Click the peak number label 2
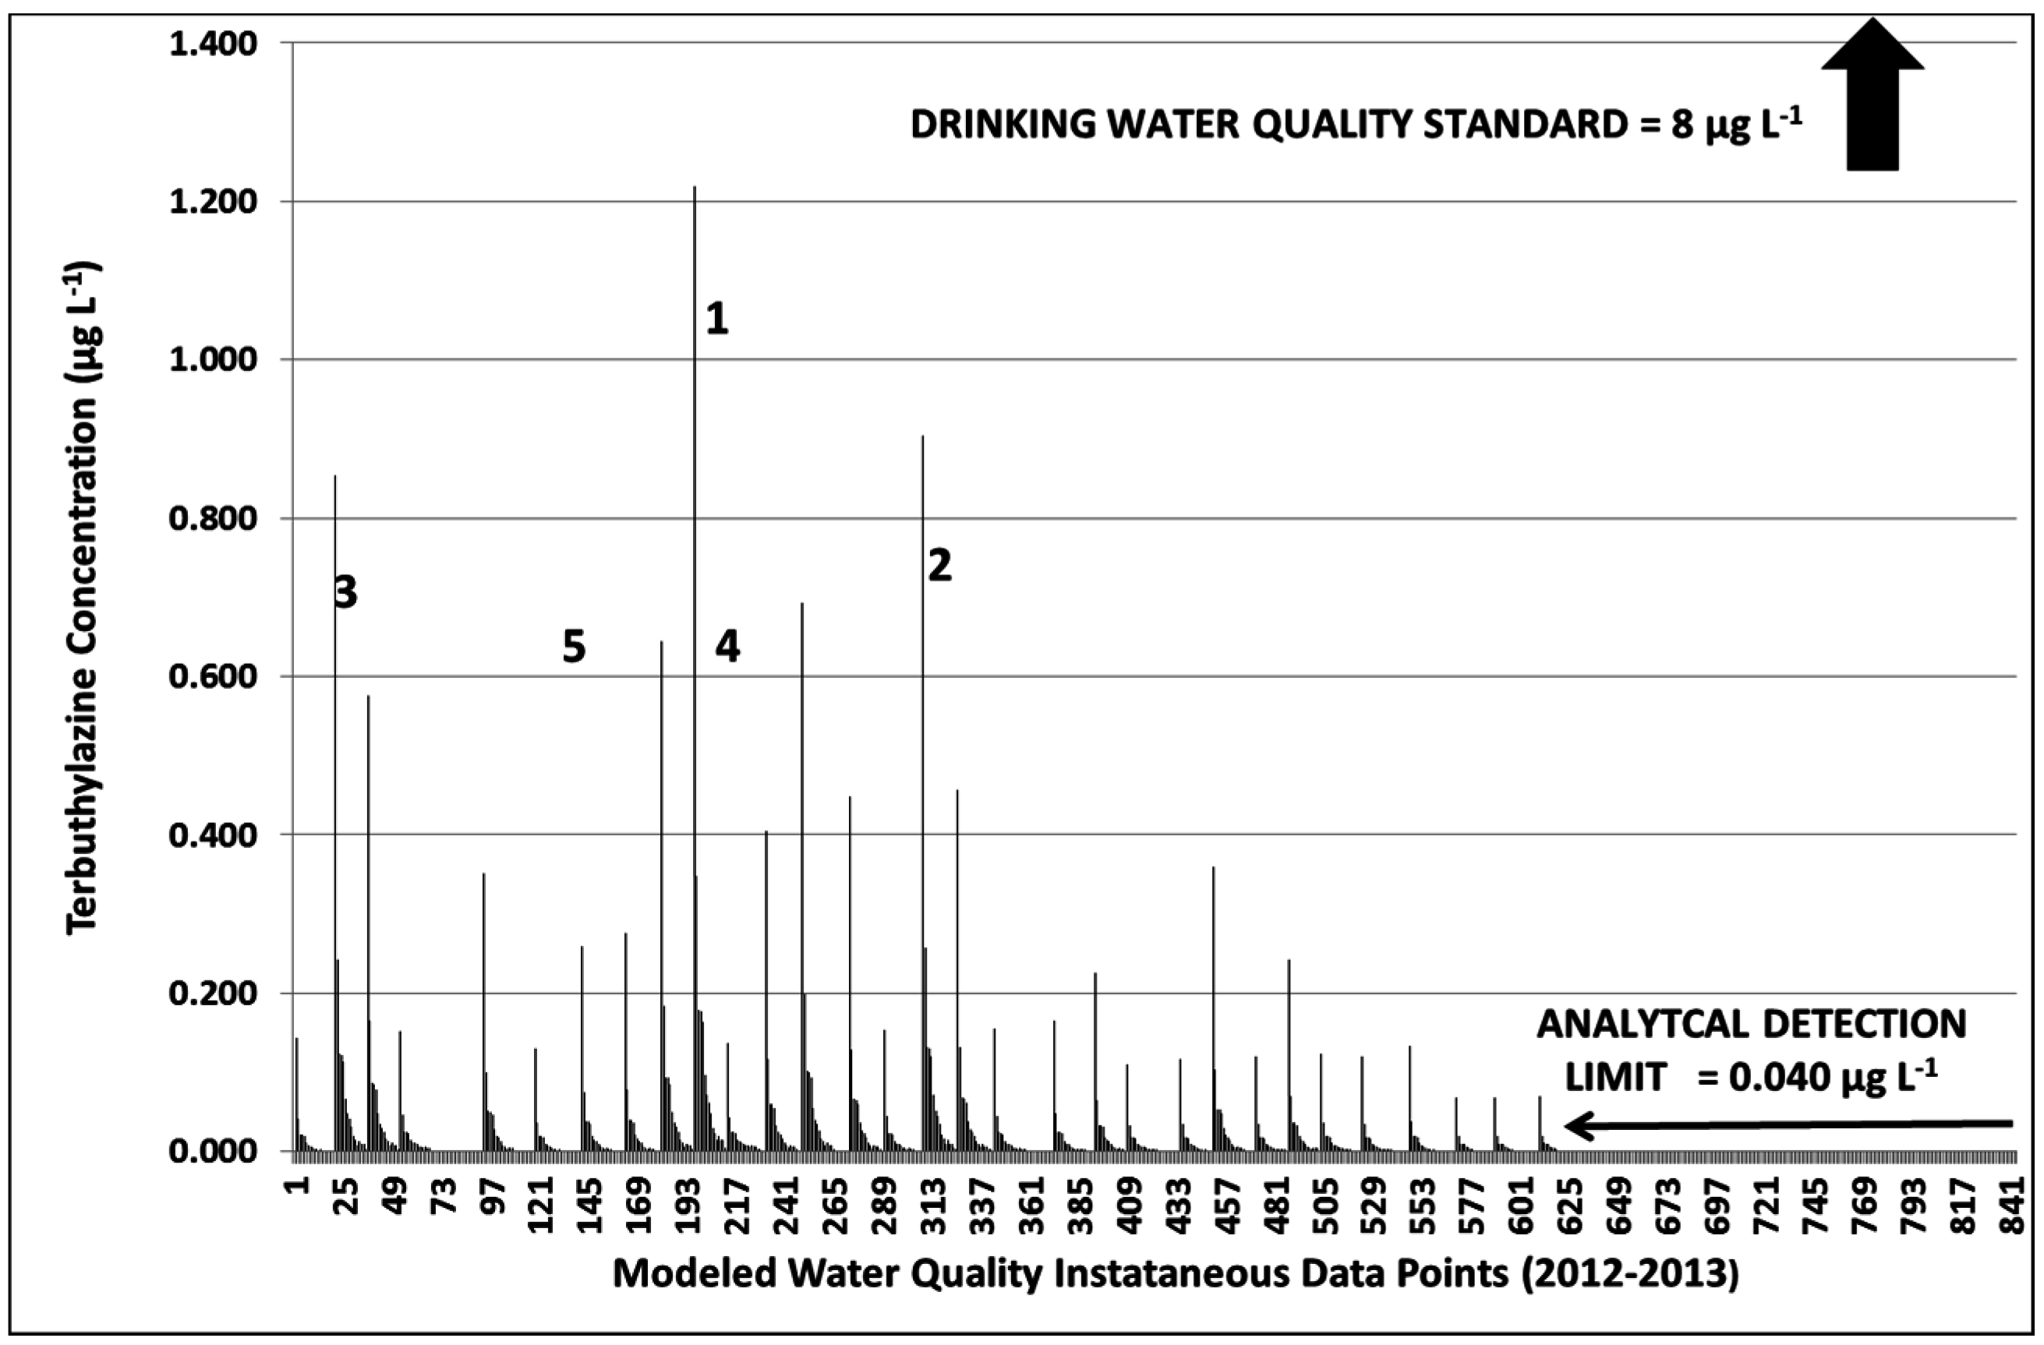point(939,567)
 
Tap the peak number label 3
point(345,592)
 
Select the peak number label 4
point(727,648)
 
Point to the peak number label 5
point(574,648)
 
